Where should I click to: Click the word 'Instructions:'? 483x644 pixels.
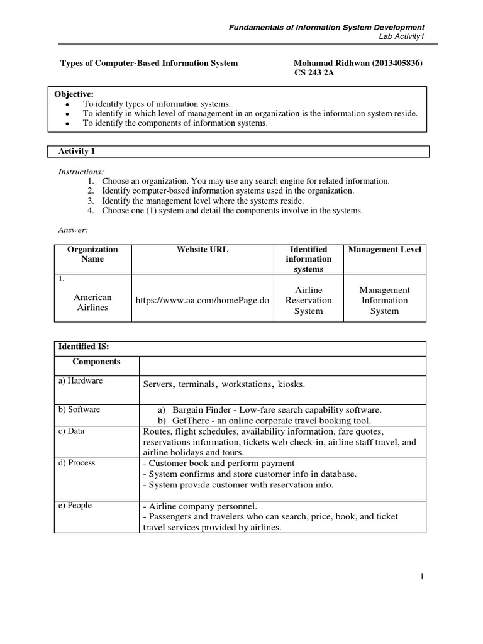pos(81,171)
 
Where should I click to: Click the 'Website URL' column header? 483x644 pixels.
pos(203,250)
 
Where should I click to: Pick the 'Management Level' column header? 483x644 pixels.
pos(384,250)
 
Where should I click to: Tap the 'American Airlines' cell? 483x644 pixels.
pos(92,302)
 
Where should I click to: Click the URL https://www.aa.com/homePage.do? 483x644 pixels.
pos(203,301)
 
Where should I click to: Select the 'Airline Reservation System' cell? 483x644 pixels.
pos(308,300)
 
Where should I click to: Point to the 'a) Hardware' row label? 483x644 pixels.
pos(81,381)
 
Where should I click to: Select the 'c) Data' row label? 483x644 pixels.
pos(72,431)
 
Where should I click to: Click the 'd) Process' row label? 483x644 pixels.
pos(77,463)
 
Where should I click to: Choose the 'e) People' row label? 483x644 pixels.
pos(75,506)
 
